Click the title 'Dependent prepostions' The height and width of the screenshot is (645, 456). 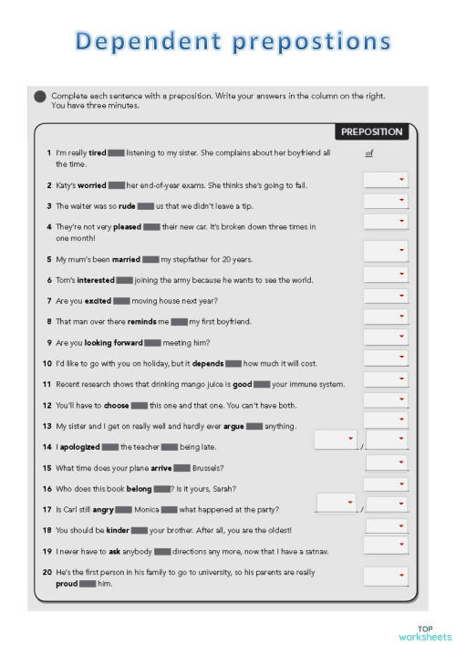point(234,44)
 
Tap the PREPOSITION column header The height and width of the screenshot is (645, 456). point(373,133)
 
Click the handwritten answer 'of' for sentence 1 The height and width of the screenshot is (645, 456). point(368,154)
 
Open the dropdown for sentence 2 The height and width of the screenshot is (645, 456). point(386,180)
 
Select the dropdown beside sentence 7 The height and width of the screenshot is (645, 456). point(386,297)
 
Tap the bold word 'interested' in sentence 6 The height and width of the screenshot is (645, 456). point(96,280)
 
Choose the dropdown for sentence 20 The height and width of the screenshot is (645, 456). point(386,576)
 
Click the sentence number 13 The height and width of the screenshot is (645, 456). point(47,426)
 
